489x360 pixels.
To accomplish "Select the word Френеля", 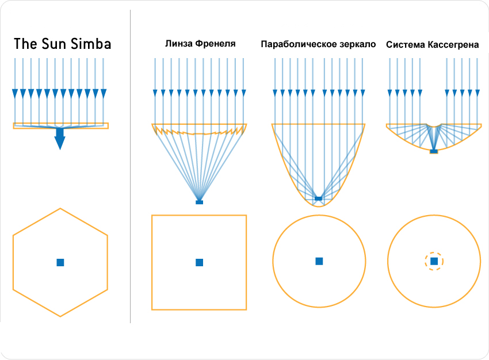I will tap(213, 44).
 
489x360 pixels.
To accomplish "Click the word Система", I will tap(405, 44).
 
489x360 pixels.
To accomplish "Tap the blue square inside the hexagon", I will tap(60, 262).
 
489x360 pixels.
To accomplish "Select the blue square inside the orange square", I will tap(200, 262).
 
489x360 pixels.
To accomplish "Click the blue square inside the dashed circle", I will tap(434, 261).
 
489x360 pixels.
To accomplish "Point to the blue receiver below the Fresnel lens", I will tap(200, 202).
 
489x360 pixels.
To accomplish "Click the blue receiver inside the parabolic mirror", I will tap(319, 198).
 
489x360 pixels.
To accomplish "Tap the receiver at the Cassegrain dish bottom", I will tap(434, 151).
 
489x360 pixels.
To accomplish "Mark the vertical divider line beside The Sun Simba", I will tap(131, 173).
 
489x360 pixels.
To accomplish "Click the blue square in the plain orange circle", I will tap(319, 261).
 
